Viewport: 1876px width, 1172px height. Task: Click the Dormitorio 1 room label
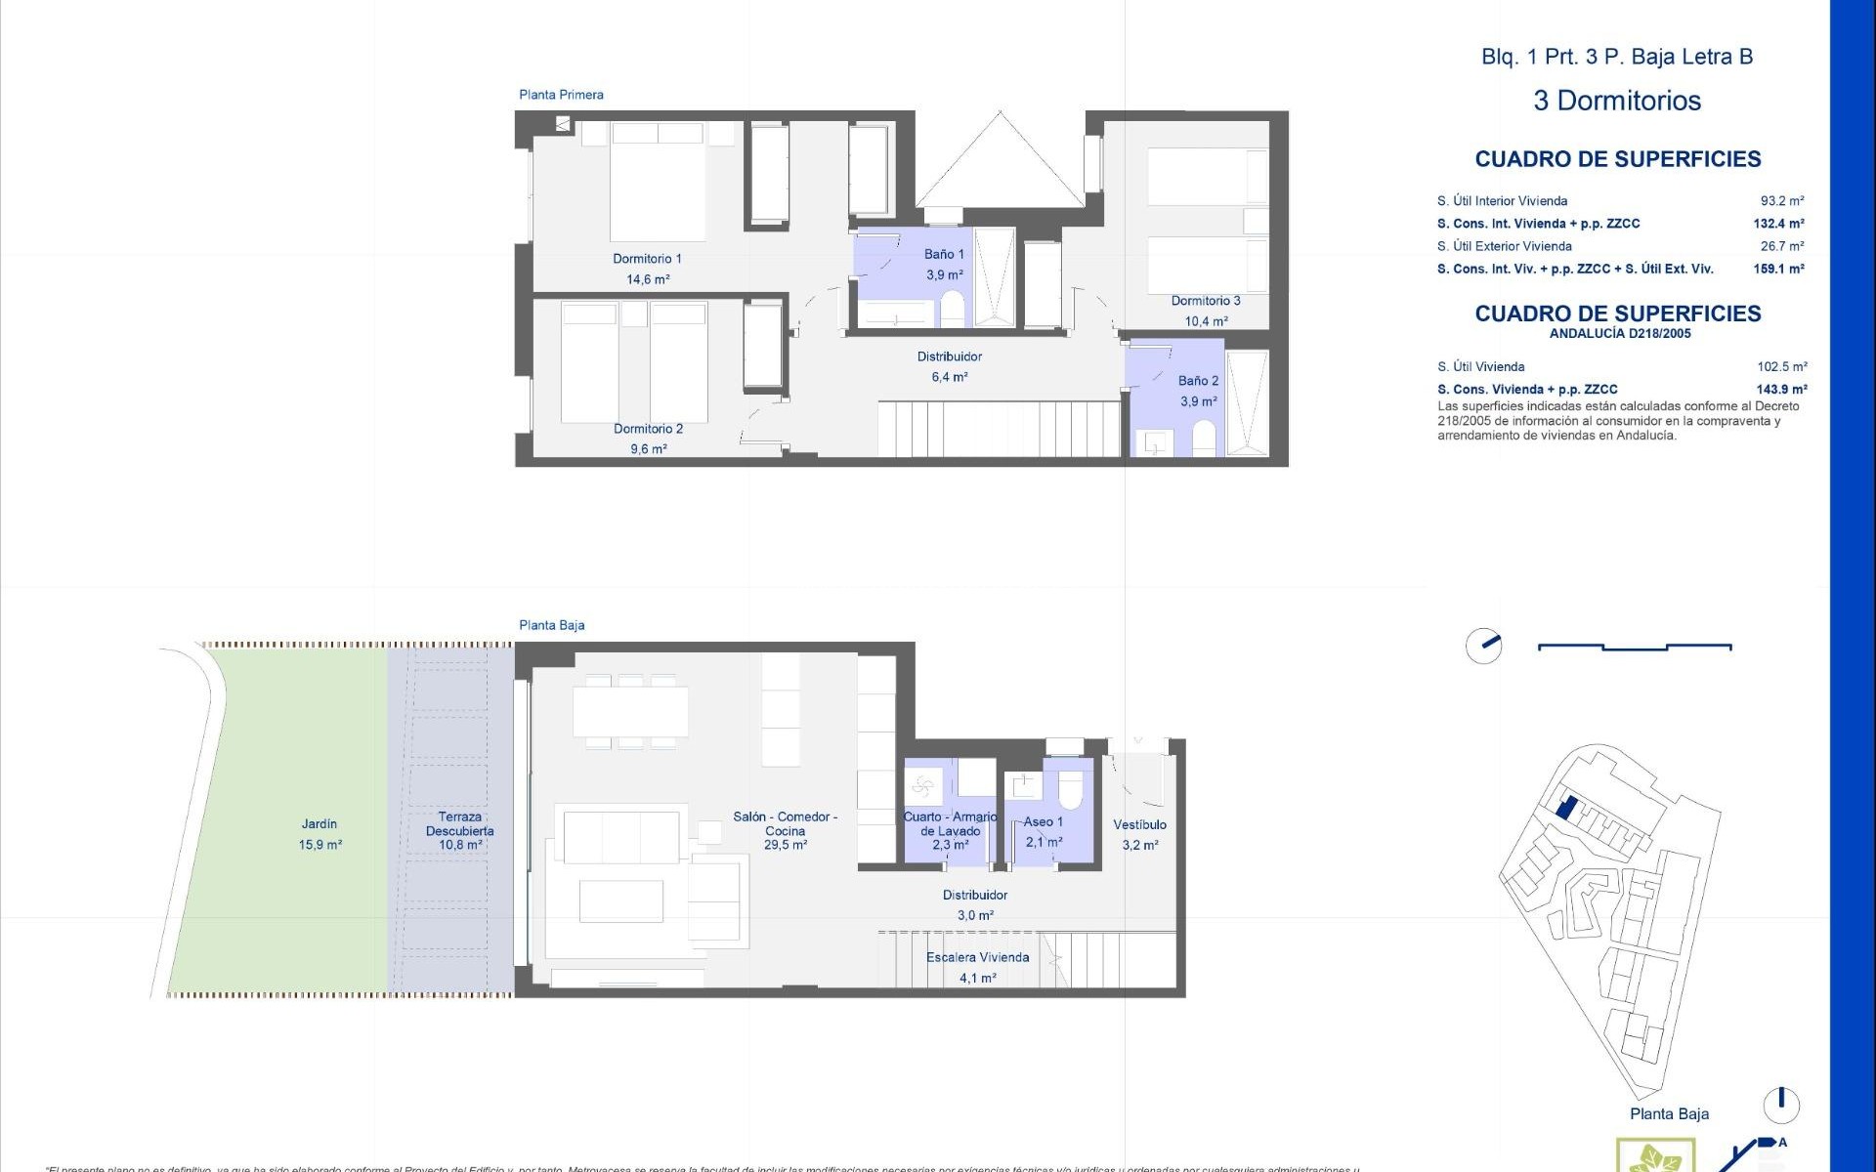647,259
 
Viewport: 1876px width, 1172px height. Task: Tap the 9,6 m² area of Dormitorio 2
648,449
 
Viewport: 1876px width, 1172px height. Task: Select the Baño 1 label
944,254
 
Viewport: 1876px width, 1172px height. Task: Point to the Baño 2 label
1198,381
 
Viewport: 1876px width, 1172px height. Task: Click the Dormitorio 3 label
1206,301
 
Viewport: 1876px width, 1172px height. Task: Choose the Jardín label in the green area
320,824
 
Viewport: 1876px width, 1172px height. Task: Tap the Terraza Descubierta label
459,824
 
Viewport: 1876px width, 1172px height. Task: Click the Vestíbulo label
1139,825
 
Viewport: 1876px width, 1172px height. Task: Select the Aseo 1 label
1043,822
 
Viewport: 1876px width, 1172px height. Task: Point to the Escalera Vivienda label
977,957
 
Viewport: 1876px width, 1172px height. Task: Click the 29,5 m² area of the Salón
786,846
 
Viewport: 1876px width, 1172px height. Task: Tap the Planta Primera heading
561,95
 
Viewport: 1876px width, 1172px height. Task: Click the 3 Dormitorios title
1617,101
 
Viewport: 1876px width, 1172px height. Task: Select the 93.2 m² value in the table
1782,201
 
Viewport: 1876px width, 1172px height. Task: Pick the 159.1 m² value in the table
1778,269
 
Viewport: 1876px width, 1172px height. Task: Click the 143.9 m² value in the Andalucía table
1781,389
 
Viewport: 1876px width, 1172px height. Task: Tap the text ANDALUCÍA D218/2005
1619,334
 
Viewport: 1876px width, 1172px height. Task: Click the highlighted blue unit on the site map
1565,808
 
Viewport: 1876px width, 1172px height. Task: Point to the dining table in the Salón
630,712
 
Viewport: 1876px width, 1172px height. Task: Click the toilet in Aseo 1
1071,790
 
